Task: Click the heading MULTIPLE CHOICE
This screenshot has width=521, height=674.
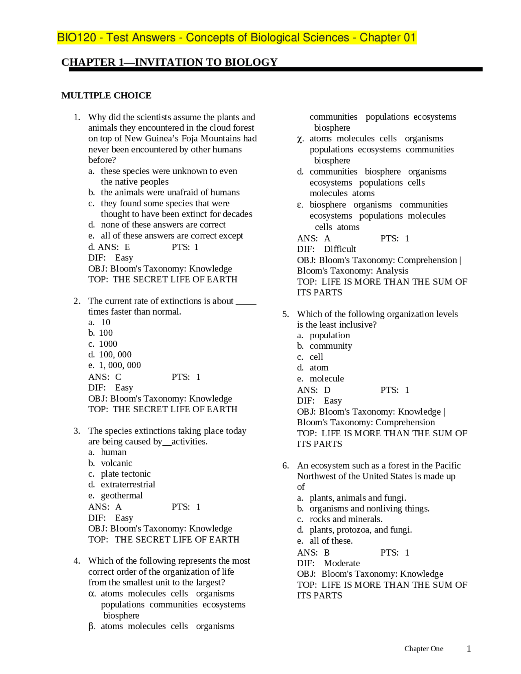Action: click(x=106, y=96)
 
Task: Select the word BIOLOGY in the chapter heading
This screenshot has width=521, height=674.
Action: click(x=251, y=62)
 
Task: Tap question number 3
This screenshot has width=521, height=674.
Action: click(x=77, y=431)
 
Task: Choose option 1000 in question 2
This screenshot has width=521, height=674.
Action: click(x=108, y=344)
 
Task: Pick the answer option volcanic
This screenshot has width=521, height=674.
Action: click(x=116, y=463)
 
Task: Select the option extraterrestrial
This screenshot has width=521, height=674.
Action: click(x=128, y=484)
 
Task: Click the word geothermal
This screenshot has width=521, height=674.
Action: click(x=122, y=495)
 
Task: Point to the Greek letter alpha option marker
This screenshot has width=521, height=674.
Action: click(x=92, y=594)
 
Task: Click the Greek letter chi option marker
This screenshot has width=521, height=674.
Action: click(x=300, y=139)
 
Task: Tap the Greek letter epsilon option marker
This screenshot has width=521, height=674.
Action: click(x=300, y=205)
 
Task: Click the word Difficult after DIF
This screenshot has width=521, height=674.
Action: click(x=340, y=249)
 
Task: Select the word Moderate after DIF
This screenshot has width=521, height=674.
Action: click(x=342, y=563)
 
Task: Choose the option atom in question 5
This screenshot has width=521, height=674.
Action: click(x=319, y=368)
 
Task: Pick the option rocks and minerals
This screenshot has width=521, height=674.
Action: click(x=346, y=519)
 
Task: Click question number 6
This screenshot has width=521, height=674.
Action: click(x=286, y=466)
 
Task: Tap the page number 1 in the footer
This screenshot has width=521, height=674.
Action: click(x=469, y=649)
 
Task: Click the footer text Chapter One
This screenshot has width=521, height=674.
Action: click(x=424, y=649)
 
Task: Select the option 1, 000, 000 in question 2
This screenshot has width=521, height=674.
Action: click(x=120, y=365)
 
